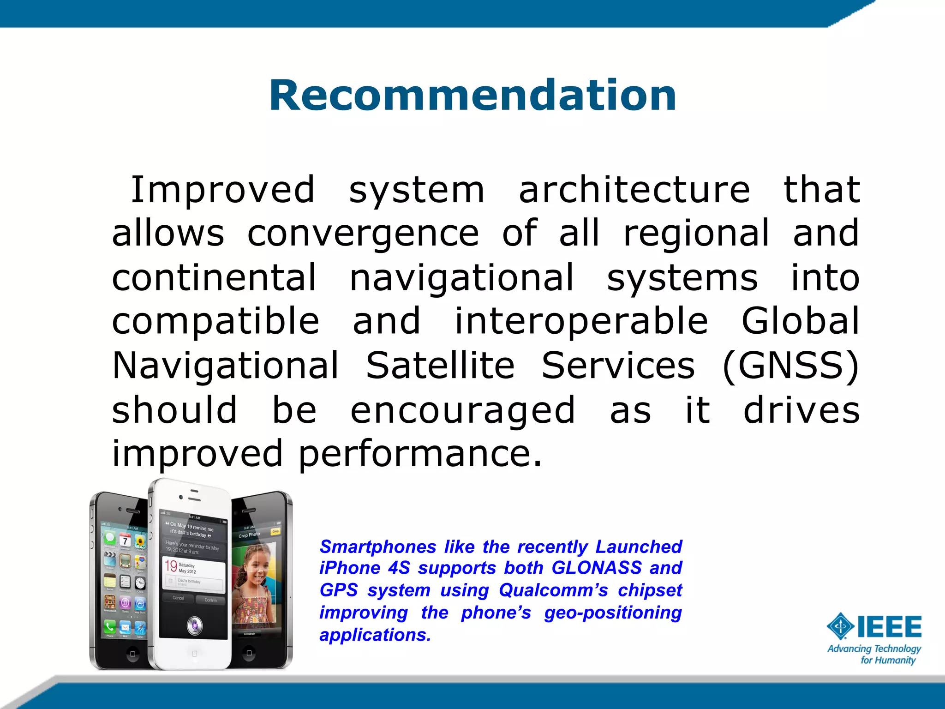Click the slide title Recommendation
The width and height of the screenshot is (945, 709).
pos(472,95)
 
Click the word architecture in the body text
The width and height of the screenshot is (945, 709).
pos(634,190)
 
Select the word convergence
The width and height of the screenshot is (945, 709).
pos(363,234)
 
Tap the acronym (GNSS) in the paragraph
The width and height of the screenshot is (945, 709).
pos(790,366)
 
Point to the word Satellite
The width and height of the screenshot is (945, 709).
pos(440,366)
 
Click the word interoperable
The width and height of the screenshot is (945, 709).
pos(581,321)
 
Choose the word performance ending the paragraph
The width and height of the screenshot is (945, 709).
pos(419,454)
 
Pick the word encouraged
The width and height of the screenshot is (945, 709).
pos(463,410)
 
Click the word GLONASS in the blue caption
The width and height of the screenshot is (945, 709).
pos(597,568)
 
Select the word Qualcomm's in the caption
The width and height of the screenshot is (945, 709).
pos(553,590)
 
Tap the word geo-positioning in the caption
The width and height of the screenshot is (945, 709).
pos(613,613)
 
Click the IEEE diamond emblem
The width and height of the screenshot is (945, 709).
pos(840,626)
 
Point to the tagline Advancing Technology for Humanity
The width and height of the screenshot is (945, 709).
pos(874,654)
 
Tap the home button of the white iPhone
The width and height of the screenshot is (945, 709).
pos(194,654)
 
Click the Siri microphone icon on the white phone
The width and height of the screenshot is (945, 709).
pos(194,625)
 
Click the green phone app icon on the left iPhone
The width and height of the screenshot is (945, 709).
pos(110,626)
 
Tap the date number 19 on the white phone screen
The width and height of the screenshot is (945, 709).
pos(171,566)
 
